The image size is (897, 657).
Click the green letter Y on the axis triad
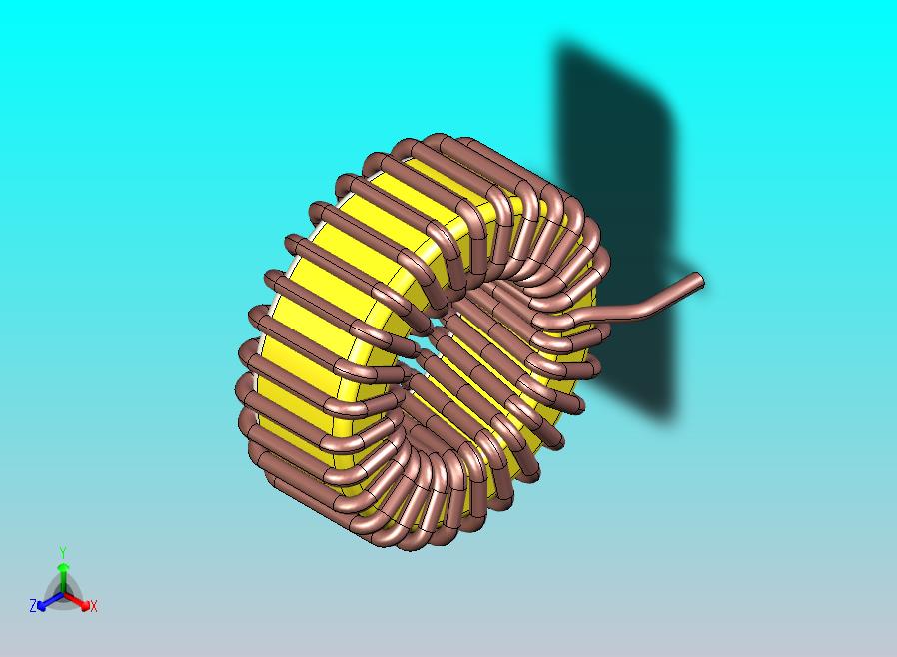pos(62,552)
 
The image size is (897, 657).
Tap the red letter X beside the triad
pos(93,606)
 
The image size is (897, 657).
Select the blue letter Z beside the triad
pos(33,605)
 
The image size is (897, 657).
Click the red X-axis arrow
pos(80,602)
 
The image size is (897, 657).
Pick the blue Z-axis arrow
pos(45,602)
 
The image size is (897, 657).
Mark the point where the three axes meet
pos(62,595)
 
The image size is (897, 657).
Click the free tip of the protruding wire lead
pos(698,281)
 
